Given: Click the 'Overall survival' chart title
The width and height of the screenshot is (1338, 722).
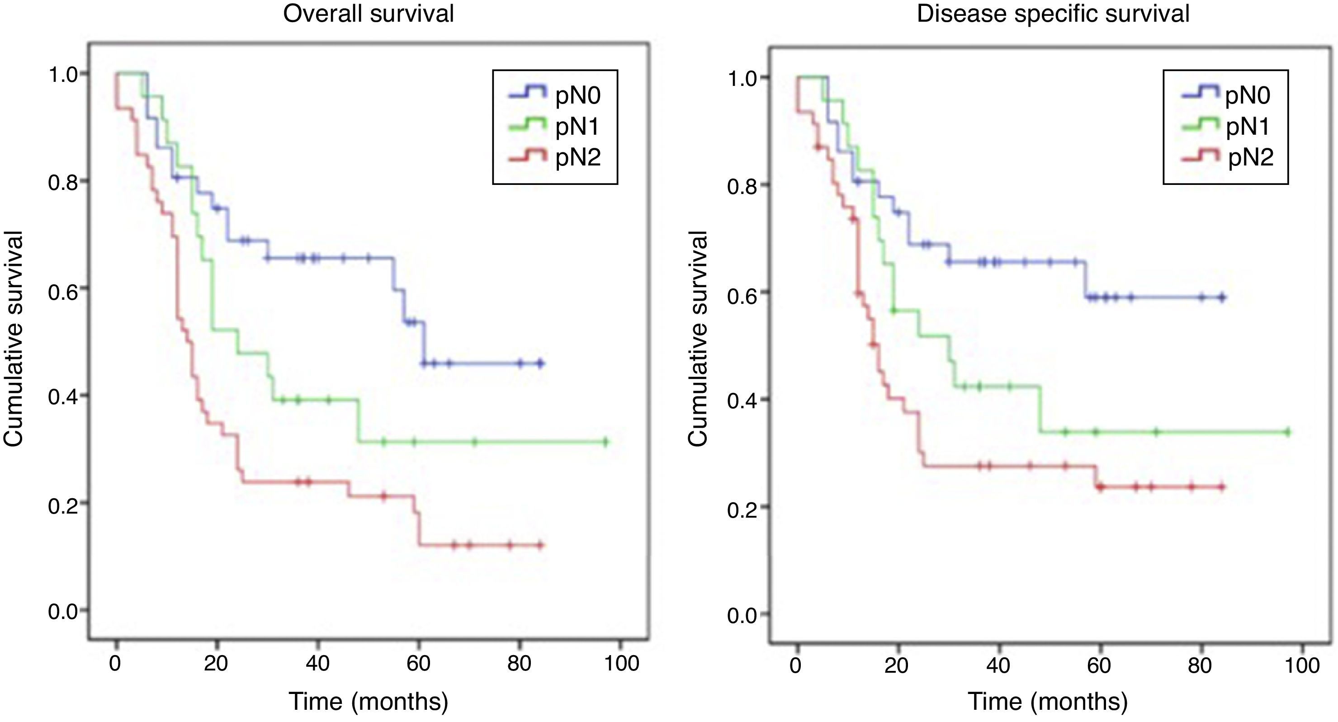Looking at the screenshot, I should pyautogui.click(x=368, y=14).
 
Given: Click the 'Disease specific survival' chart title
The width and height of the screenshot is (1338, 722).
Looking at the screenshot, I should pyautogui.click(x=1053, y=14).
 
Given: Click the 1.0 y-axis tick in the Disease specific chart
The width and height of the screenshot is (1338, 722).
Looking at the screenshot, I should pyautogui.click(x=742, y=79).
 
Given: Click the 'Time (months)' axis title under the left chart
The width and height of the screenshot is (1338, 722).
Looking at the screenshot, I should pyautogui.click(x=368, y=701).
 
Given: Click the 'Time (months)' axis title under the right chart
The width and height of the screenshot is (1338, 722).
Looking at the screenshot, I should pyautogui.click(x=1048, y=701).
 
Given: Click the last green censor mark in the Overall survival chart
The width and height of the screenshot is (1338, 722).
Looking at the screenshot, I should pyautogui.click(x=605, y=443).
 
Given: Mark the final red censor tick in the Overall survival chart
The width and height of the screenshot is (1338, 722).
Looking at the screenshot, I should pyautogui.click(x=540, y=545).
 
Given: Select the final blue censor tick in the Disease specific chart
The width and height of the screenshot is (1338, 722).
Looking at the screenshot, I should pyautogui.click(x=1222, y=297).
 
